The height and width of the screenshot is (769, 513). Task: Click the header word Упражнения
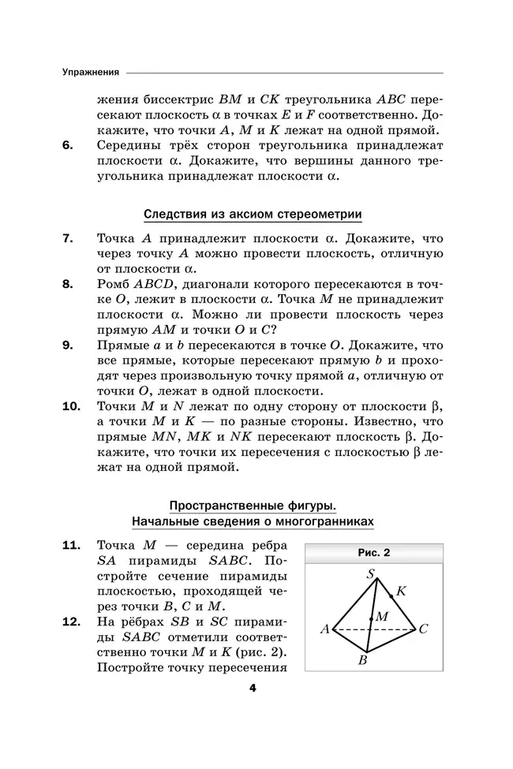click(91, 73)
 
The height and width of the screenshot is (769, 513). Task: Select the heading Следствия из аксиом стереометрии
click(253, 214)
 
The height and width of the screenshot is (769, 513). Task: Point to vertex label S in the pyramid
click(370, 574)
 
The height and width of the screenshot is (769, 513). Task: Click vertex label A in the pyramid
click(324, 629)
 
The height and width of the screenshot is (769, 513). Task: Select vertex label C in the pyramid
click(423, 629)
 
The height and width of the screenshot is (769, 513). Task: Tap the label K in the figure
click(401, 590)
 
